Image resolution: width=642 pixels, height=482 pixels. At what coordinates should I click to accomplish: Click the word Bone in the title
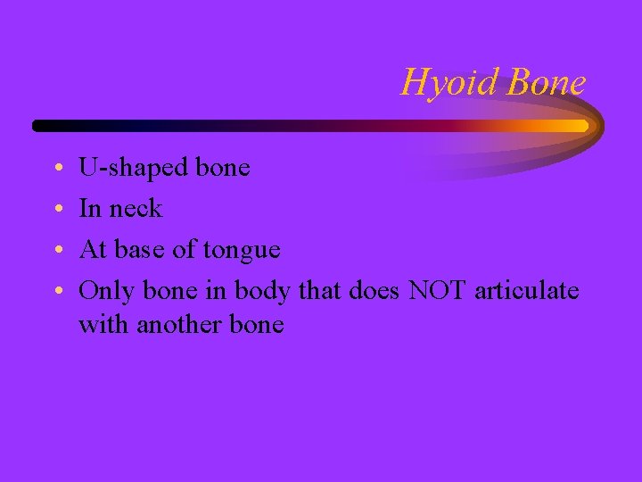click(546, 82)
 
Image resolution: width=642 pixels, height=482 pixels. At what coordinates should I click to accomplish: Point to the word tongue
click(242, 251)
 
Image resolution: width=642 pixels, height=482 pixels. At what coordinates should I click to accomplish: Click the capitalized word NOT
click(437, 290)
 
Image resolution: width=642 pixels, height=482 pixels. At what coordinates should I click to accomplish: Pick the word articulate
click(526, 290)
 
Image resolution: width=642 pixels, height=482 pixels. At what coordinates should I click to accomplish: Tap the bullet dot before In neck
click(57, 210)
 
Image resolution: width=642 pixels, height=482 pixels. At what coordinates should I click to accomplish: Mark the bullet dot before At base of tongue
click(57, 251)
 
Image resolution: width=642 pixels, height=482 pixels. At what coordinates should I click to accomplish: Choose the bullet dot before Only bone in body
click(57, 291)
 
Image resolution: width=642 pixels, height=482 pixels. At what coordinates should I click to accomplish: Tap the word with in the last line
click(103, 324)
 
